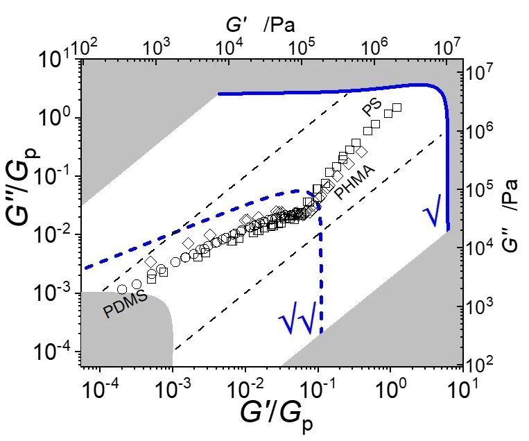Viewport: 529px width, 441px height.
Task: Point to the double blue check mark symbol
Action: point(297,320)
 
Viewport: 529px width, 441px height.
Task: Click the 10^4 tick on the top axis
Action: point(229,48)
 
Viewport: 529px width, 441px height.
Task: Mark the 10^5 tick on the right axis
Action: point(479,187)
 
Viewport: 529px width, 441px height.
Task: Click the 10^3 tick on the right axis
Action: point(479,304)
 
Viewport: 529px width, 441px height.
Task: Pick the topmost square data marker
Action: point(397,107)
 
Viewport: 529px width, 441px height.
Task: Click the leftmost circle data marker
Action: point(122,289)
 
